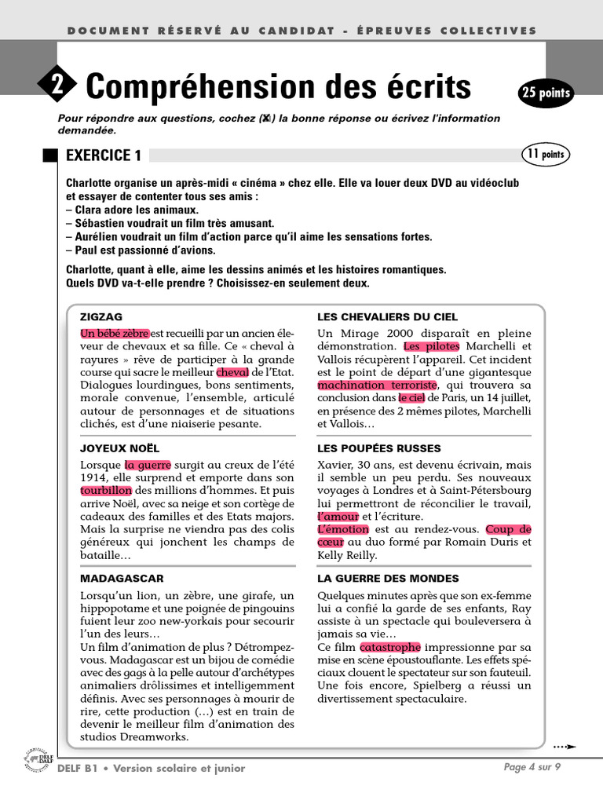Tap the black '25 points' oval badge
coord(546,94)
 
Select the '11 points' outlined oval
coord(545,155)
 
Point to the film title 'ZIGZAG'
coord(100,316)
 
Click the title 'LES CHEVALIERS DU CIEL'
coord(387,316)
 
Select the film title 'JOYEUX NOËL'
coord(115,448)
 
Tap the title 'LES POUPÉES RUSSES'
coord(379,448)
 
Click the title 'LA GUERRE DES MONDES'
coord(388,578)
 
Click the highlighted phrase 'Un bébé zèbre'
coord(115,333)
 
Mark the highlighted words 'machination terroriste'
coord(376,386)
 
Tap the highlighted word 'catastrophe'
coord(390,647)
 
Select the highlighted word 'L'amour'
coord(338,517)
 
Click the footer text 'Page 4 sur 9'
coord(532,767)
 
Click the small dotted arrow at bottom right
coord(565,747)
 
